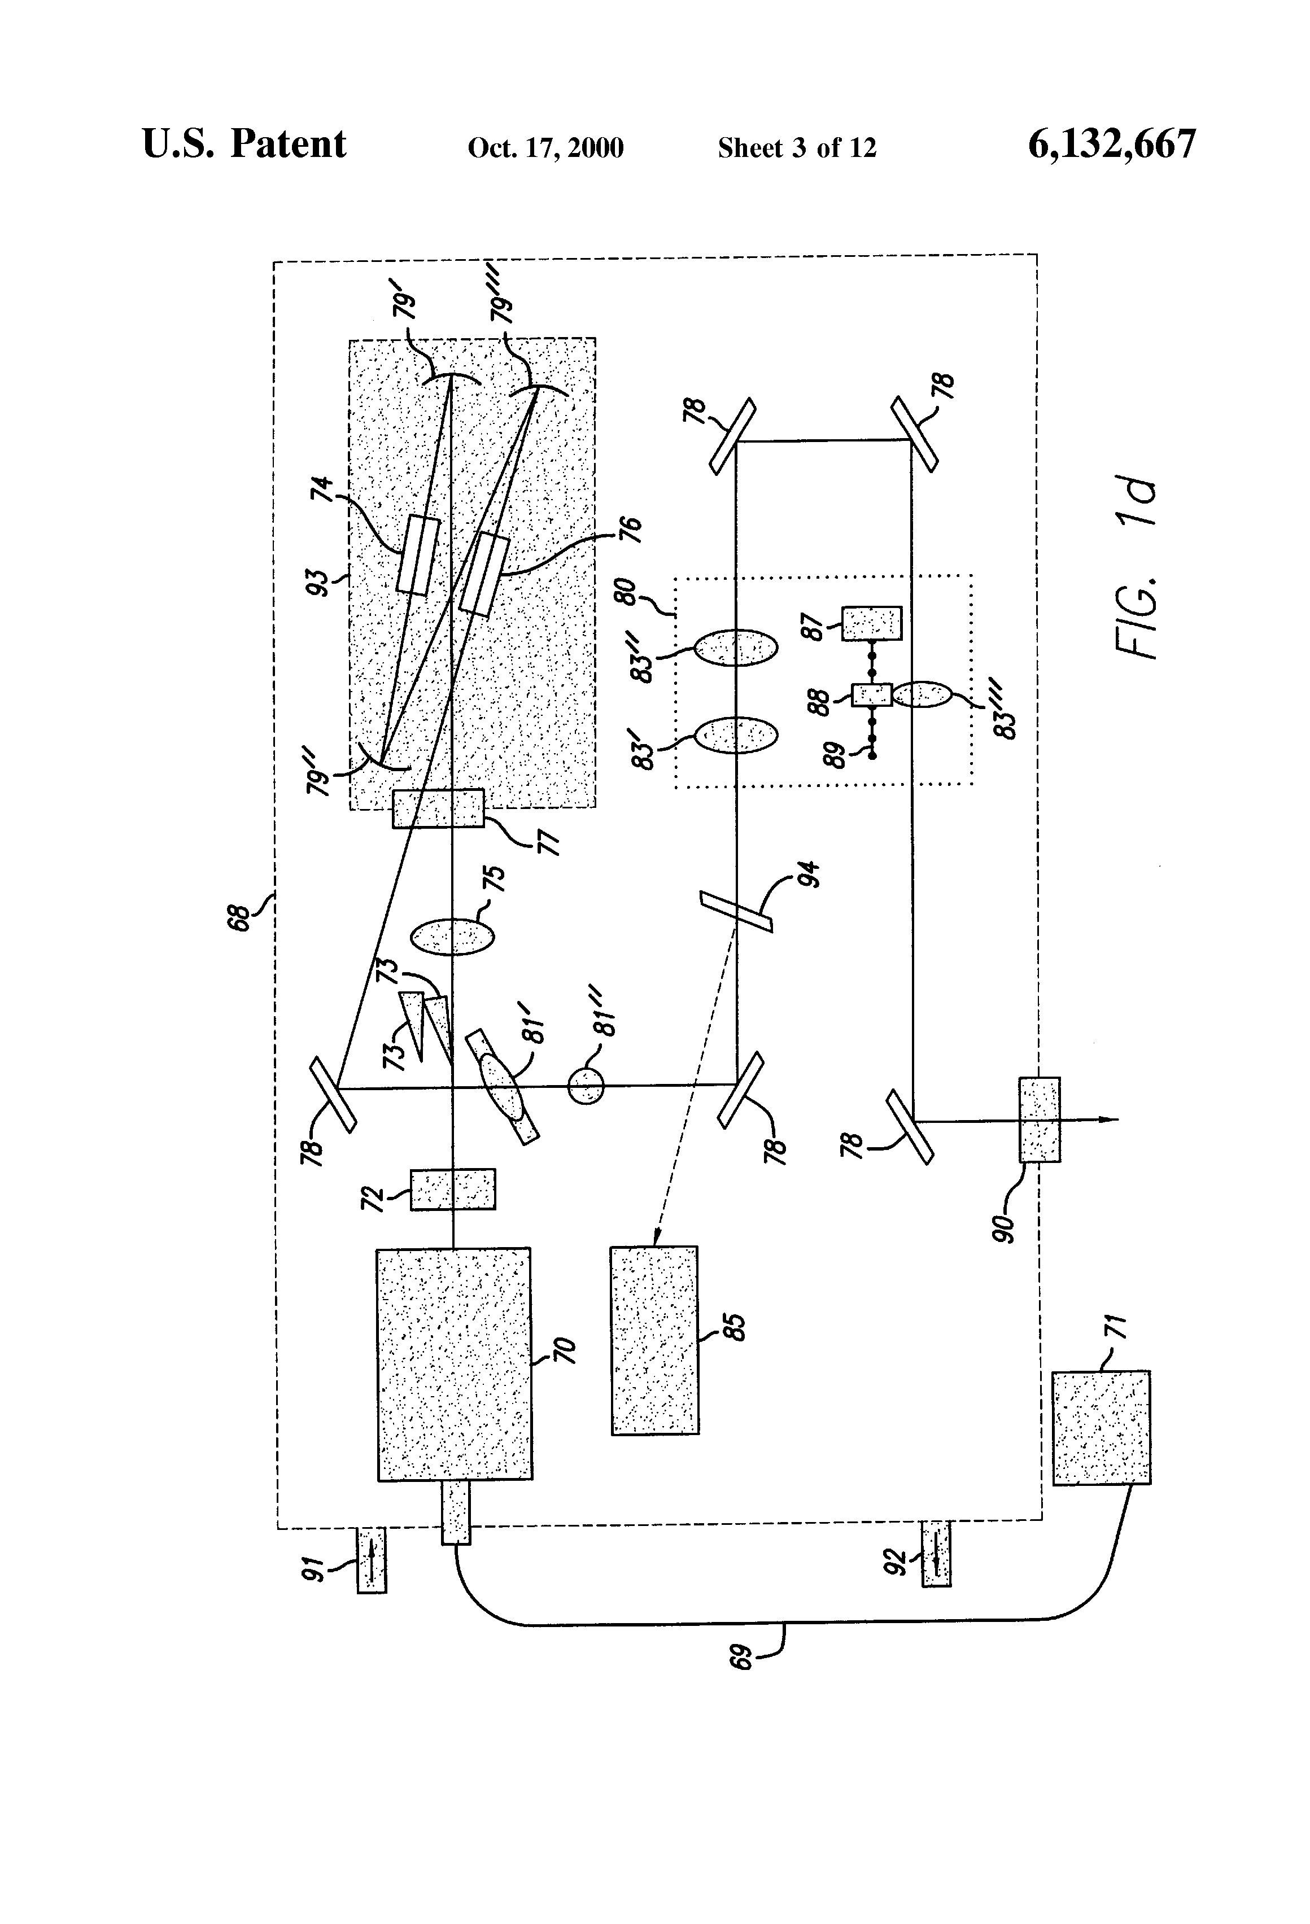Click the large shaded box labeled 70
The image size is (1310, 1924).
click(x=454, y=1363)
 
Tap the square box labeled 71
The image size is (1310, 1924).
click(x=1101, y=1427)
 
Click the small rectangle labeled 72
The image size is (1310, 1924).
click(x=453, y=1189)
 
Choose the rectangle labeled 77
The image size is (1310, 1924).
click(x=438, y=808)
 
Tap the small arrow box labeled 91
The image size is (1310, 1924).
click(x=372, y=1560)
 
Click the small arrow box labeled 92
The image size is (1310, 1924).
click(x=936, y=1553)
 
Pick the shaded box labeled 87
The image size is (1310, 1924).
click(x=872, y=623)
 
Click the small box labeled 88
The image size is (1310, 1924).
click(x=871, y=694)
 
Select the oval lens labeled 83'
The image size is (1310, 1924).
click(x=735, y=735)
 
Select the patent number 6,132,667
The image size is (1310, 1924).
click(x=1111, y=144)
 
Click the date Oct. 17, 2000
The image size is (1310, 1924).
click(x=545, y=147)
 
